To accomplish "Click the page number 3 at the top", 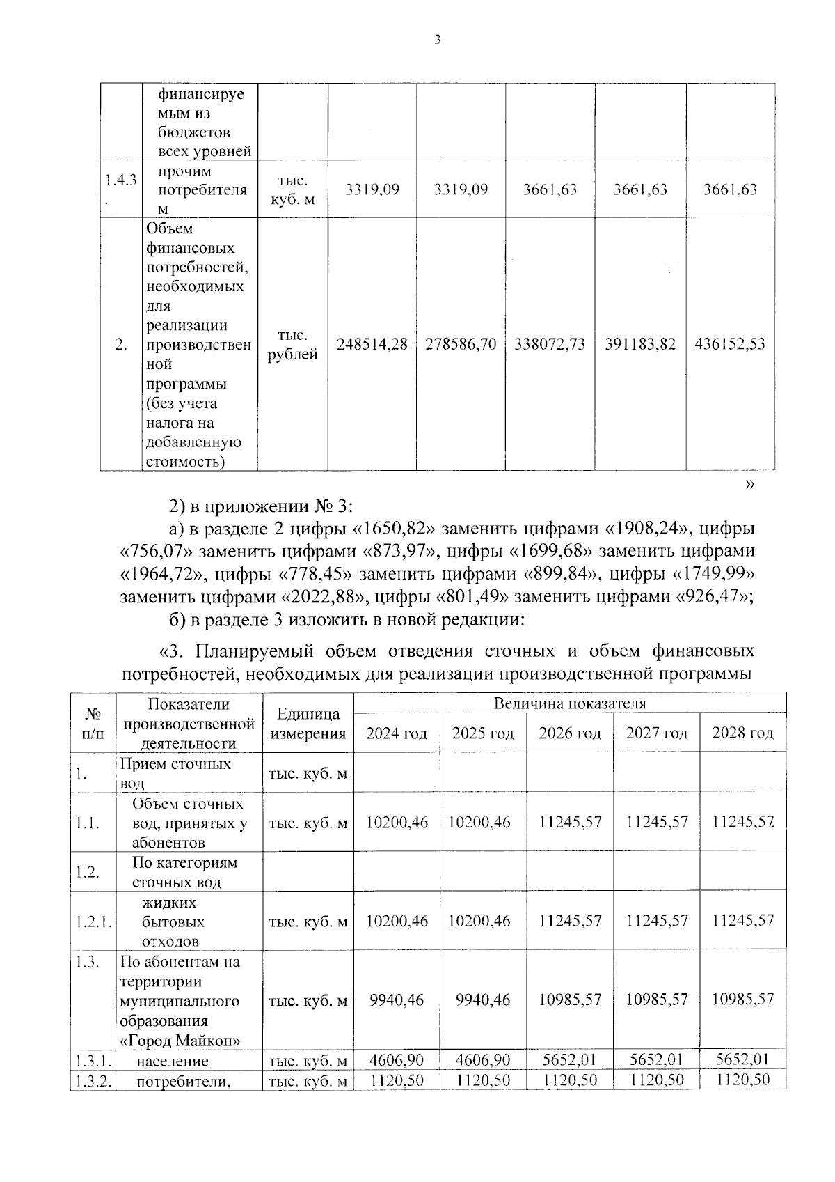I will click(x=437, y=40).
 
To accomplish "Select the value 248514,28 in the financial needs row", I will click(x=372, y=344).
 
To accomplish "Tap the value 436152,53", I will click(x=730, y=344).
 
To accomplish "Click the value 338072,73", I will click(x=550, y=344).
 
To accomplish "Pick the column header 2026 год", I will click(x=569, y=733).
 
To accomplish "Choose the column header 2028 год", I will click(x=742, y=733).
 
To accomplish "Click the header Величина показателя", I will click(x=569, y=703).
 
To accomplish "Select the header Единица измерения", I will click(x=308, y=724).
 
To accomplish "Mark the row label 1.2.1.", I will click(x=93, y=922).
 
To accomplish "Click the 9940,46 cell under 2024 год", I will click(x=397, y=1000).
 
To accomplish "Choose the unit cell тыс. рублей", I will click(x=292, y=345).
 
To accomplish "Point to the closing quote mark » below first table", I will click(x=749, y=485).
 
